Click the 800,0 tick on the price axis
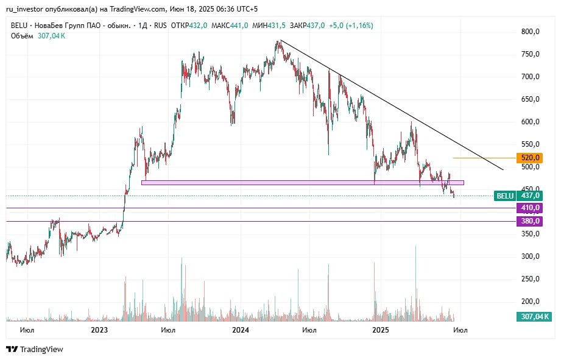pyautogui.click(x=531, y=32)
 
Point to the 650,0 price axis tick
pyautogui.click(x=531, y=99)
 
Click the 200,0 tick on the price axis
pyautogui.click(x=531, y=302)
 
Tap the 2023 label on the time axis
pyautogui.click(x=99, y=330)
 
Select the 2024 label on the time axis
pyautogui.click(x=241, y=330)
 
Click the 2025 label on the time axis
pyautogui.click(x=381, y=330)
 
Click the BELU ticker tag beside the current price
pyautogui.click(x=505, y=196)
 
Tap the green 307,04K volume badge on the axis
pyautogui.click(x=534, y=316)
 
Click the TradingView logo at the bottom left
pyautogui.click(x=35, y=350)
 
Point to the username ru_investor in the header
pyautogui.click(x=25, y=9)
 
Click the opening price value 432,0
pyautogui.click(x=199, y=26)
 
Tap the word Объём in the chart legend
pyautogui.click(x=22, y=36)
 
